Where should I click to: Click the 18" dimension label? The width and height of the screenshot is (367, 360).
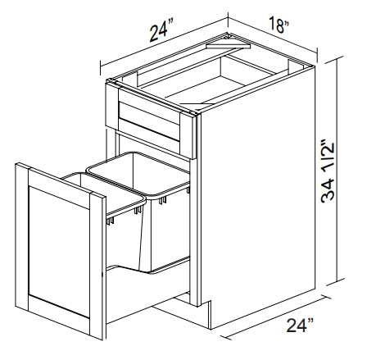[279, 25]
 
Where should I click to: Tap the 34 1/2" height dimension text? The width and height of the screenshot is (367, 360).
[328, 171]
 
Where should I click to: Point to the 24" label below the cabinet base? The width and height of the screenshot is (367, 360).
[300, 325]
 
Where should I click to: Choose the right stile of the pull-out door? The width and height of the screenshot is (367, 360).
[97, 266]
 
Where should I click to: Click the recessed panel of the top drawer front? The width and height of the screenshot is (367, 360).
[149, 121]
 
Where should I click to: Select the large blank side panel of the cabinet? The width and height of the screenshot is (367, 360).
[258, 197]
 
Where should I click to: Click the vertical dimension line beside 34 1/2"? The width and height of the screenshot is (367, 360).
[338, 169]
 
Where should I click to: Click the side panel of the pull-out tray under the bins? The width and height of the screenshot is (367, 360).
[147, 293]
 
